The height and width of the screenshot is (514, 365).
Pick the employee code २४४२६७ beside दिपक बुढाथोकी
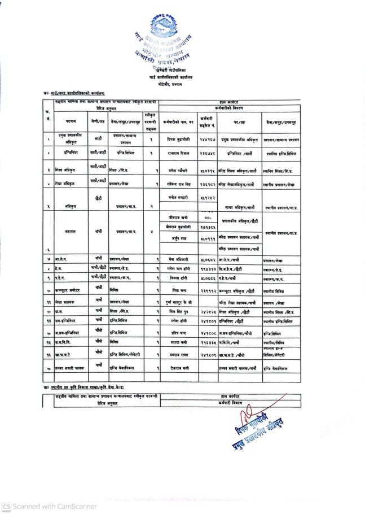pyautogui.click(x=207, y=138)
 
